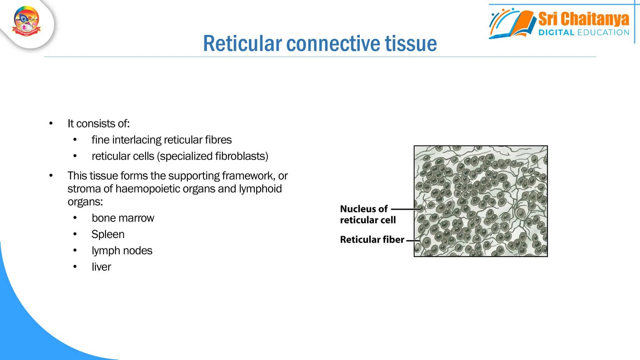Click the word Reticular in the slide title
242,43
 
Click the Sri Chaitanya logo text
583,19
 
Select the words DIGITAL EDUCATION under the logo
583,32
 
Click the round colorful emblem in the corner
27,21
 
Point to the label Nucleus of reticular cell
367,214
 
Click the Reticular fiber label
372,240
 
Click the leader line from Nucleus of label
405,209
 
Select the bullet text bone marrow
123,218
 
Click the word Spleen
108,234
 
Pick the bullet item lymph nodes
122,251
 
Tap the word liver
101,267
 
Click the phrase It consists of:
98,124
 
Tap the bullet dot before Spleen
75,234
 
